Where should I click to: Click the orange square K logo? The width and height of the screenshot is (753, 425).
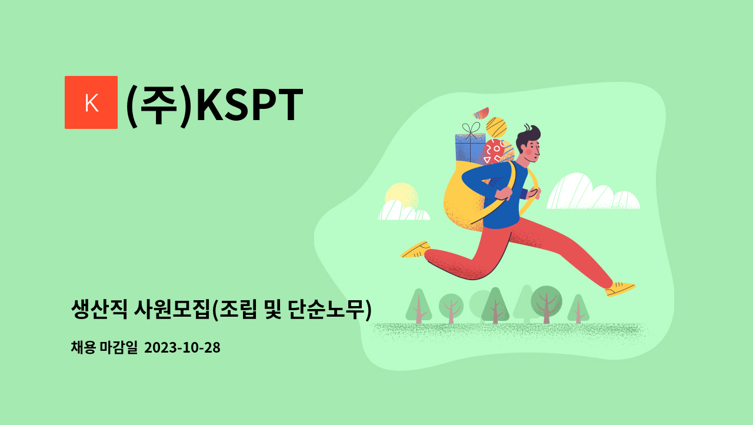91,102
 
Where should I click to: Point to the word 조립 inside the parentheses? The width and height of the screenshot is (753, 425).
239,309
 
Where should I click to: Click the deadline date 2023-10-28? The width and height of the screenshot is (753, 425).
182,348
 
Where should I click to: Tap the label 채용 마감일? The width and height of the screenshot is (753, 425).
104,348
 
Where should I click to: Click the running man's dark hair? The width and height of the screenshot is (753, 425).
528,135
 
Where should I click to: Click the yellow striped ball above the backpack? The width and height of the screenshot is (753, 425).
497,127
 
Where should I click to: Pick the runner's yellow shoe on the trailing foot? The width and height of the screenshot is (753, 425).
415,250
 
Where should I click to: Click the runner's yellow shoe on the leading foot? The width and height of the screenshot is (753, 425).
620,288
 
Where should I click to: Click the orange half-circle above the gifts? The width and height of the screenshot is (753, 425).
481,112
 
